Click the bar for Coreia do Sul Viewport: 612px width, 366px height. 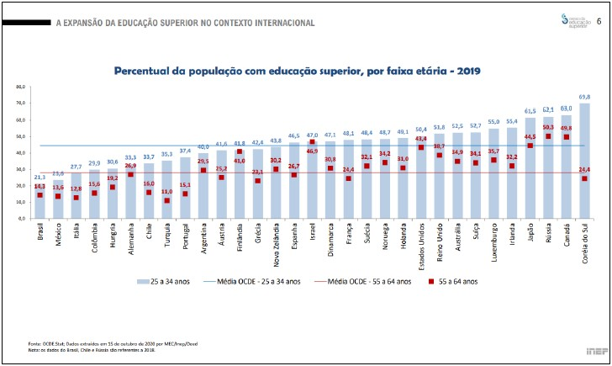click(584, 160)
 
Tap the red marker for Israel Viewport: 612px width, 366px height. click(313, 142)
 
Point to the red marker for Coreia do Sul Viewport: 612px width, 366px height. click(584, 178)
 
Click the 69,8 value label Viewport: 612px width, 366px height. click(584, 97)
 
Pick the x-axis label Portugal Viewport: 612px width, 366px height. click(186, 234)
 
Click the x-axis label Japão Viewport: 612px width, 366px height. click(531, 231)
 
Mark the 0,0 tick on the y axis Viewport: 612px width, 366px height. click(23, 218)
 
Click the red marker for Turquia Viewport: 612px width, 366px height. click(167, 200)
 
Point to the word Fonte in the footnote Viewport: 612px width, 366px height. click(34, 342)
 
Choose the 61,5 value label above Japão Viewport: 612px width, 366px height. click(530, 110)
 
